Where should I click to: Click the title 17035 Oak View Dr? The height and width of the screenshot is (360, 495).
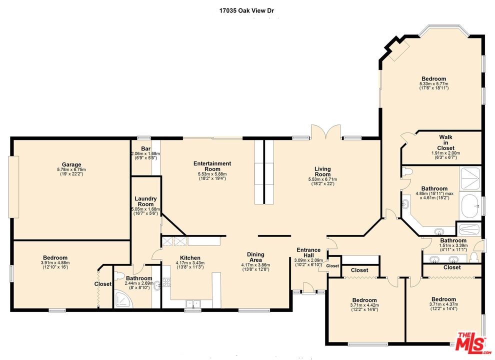(x=247, y=10)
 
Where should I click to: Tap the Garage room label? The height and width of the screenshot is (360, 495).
(x=71, y=164)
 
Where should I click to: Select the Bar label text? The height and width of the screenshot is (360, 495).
(x=145, y=148)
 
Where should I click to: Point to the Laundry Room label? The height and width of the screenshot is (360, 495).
(x=145, y=201)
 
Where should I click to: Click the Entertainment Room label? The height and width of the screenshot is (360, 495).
(x=212, y=166)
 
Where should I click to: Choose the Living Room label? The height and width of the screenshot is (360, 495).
(x=322, y=171)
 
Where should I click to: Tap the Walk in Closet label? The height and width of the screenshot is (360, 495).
(x=446, y=142)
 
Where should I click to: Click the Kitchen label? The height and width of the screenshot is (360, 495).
(x=190, y=257)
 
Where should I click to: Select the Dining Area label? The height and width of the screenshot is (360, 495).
(x=255, y=257)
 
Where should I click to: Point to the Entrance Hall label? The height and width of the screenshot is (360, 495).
(x=308, y=252)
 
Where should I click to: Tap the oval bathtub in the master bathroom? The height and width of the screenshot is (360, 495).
(x=470, y=206)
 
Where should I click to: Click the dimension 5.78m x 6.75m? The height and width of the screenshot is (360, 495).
(x=71, y=169)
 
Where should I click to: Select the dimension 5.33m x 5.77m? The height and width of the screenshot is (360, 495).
(x=434, y=83)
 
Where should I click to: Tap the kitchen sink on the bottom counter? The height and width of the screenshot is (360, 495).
(x=193, y=303)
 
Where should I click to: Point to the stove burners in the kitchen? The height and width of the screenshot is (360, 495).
(x=166, y=282)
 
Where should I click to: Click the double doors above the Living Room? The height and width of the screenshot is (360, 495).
(x=326, y=132)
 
